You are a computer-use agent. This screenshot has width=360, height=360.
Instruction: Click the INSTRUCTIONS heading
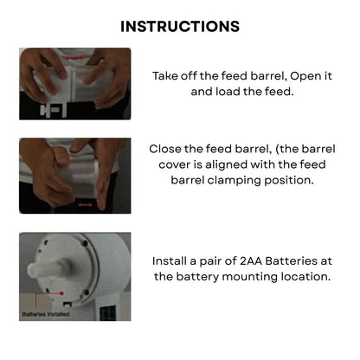(x=180, y=26)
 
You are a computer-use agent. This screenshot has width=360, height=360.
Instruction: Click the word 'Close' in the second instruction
(x=168, y=149)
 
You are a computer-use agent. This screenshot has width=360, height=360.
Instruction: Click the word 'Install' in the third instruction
(x=173, y=260)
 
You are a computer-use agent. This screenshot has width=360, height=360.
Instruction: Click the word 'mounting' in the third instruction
(x=247, y=277)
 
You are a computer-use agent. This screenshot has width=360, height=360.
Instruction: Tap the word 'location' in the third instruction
(x=302, y=277)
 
